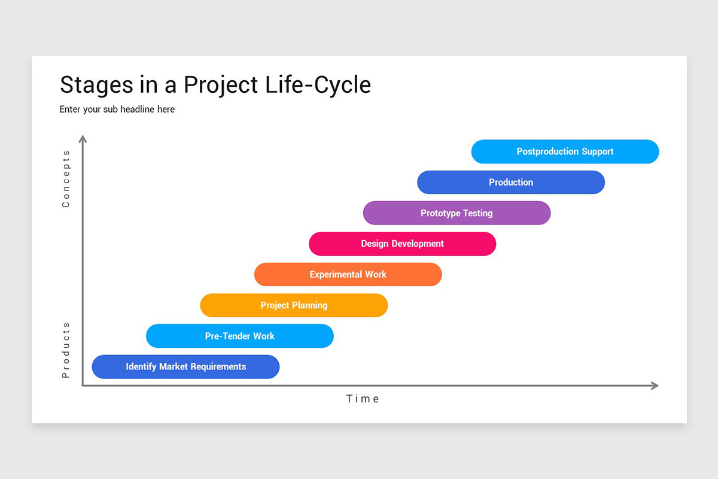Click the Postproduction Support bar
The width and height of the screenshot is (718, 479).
565,151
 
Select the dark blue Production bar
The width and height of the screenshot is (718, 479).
510,182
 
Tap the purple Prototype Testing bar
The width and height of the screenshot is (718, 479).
457,213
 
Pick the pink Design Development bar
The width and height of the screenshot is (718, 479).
402,244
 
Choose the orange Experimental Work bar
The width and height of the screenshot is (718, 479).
348,274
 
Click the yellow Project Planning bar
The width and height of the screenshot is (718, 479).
294,305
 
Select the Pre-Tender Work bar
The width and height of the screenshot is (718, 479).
239,336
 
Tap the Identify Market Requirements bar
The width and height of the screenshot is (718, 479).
185,366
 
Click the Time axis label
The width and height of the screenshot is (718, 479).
363,399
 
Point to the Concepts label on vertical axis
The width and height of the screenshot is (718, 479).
66,178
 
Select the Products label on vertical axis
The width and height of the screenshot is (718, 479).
66,350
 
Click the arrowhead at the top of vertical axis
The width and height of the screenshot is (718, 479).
83,139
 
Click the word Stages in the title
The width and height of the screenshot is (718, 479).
96,85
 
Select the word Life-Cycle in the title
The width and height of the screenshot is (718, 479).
318,85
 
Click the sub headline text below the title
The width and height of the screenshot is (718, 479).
117,110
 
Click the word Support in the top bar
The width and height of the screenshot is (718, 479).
598,151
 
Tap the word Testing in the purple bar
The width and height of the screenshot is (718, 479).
477,213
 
